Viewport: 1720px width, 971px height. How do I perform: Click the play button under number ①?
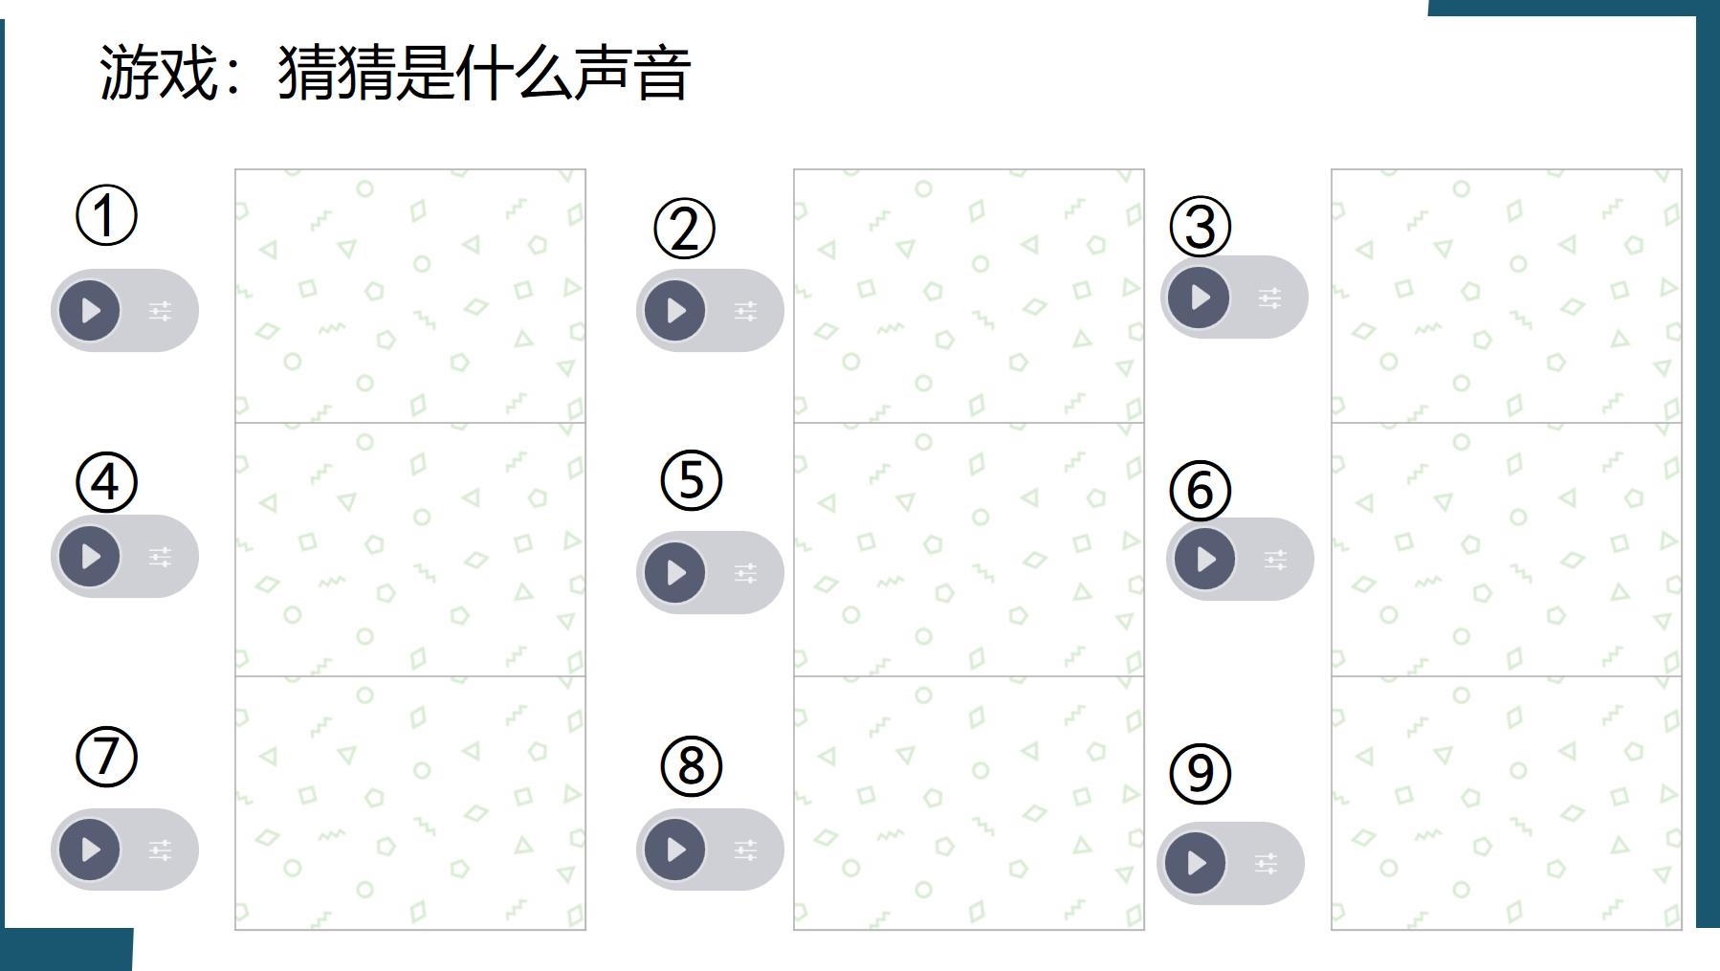[x=90, y=311]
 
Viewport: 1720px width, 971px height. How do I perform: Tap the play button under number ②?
[x=675, y=311]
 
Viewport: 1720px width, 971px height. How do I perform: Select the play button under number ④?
[x=90, y=557]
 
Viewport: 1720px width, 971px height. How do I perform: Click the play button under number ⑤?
[x=675, y=573]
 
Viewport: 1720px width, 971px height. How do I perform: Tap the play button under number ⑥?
[x=1205, y=559]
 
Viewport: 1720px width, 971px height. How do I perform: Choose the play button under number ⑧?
[x=675, y=850]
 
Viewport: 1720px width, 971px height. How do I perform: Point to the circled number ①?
[x=106, y=216]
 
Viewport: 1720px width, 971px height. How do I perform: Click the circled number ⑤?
[x=691, y=480]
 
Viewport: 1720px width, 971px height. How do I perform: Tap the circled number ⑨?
[x=1200, y=774]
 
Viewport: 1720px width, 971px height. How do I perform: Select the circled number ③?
[x=1201, y=228]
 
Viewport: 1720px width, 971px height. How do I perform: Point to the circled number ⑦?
[x=106, y=757]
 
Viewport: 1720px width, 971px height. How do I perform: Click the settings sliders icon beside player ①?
[x=161, y=311]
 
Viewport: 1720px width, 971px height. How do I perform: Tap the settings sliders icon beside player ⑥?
[x=1275, y=560]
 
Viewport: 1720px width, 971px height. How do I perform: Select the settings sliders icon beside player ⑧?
[x=746, y=850]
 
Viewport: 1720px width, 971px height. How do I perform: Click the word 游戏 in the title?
[x=159, y=74]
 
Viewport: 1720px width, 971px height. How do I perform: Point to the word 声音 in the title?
[x=631, y=74]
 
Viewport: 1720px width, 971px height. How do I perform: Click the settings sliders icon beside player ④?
[x=161, y=557]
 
